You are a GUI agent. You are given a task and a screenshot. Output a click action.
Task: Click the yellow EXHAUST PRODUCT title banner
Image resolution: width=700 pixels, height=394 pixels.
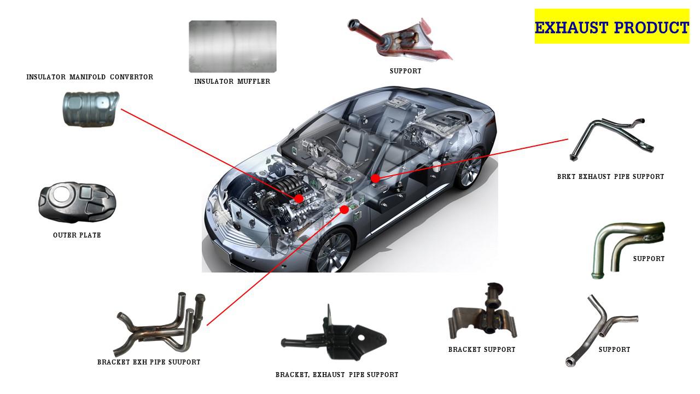click(611, 26)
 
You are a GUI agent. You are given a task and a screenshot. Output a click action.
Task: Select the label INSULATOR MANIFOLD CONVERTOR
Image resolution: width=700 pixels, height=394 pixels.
click(90, 77)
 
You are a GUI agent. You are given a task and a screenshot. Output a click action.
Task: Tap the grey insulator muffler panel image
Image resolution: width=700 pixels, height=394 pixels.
click(232, 47)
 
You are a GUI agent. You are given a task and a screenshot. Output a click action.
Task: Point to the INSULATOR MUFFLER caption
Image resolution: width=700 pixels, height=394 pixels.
click(232, 82)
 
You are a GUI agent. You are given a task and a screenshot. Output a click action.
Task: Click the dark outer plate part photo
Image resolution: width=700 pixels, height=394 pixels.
click(77, 202)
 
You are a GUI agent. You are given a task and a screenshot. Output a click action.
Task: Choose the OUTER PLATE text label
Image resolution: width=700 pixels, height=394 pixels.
click(77, 235)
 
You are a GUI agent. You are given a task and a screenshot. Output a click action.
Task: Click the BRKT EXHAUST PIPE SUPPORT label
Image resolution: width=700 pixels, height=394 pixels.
click(611, 177)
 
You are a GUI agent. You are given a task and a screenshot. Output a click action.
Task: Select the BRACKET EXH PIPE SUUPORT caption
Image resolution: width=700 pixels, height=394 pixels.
click(149, 362)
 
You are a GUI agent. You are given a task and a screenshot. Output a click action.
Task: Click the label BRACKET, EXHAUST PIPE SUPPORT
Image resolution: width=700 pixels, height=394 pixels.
click(337, 375)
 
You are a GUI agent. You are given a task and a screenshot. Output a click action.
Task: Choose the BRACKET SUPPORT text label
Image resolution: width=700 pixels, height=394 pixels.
click(482, 350)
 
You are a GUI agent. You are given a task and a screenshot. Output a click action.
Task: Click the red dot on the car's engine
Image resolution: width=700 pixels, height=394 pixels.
click(299, 199)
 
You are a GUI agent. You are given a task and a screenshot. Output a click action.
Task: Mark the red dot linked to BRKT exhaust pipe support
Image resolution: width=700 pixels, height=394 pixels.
click(375, 178)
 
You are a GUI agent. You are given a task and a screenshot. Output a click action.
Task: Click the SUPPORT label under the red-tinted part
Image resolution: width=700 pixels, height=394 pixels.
click(406, 71)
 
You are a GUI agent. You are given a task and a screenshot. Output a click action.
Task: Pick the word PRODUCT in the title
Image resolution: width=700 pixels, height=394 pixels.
click(651, 27)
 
